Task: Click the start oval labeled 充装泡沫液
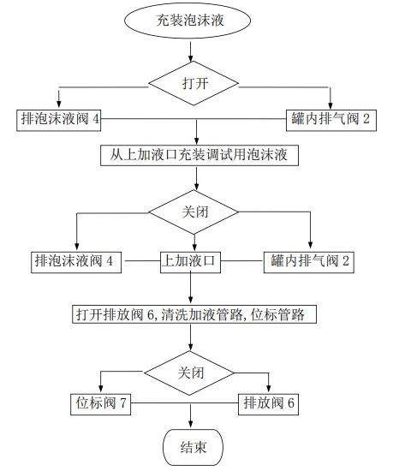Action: click(x=188, y=21)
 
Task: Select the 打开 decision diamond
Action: click(x=194, y=83)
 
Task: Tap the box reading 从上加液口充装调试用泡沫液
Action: click(x=199, y=155)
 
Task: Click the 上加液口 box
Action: click(x=190, y=262)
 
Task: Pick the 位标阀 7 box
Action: click(x=100, y=404)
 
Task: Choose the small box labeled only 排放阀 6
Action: click(x=268, y=404)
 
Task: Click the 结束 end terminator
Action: click(x=193, y=447)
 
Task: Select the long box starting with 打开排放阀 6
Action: click(x=194, y=314)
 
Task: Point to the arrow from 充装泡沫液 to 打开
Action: click(x=190, y=51)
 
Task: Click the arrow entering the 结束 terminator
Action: click(x=190, y=416)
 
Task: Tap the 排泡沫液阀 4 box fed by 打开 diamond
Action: click(x=58, y=121)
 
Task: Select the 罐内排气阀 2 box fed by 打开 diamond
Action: click(x=331, y=121)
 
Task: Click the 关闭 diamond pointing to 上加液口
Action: click(x=194, y=212)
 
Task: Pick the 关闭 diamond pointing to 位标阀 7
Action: click(x=189, y=373)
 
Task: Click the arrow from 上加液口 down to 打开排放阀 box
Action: click(x=190, y=288)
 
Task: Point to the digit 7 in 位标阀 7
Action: click(x=122, y=402)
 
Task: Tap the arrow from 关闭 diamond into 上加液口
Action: click(x=194, y=242)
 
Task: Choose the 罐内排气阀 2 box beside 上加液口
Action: click(x=309, y=262)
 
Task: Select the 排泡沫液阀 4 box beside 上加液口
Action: click(x=76, y=262)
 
